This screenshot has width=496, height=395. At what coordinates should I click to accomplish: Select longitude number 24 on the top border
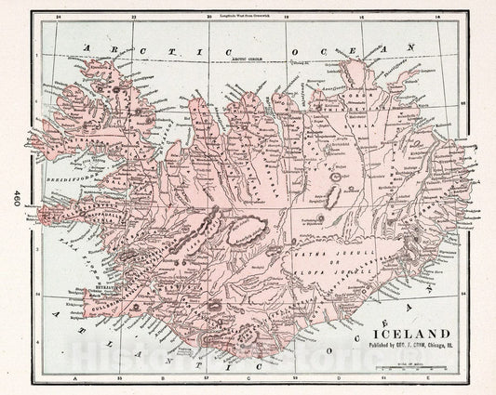coord(58,17)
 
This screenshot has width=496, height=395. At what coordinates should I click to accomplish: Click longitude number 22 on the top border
coord(136,17)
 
